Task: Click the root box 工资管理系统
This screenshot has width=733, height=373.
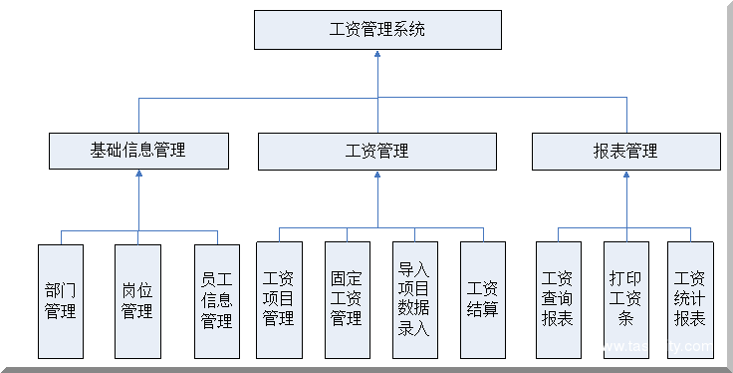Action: click(377, 30)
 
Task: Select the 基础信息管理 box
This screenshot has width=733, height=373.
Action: click(138, 151)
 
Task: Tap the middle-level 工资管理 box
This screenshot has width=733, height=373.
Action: click(377, 151)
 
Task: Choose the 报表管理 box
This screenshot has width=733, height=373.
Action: click(625, 151)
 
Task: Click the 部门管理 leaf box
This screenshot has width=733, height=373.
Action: click(61, 300)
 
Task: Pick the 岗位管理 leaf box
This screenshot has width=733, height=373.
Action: click(137, 300)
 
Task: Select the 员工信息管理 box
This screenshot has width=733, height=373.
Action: click(216, 300)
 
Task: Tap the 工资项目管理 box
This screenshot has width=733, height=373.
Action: click(279, 299)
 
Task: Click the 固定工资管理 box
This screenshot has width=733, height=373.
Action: click(347, 299)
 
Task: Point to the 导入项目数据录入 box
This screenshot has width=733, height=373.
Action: click(414, 299)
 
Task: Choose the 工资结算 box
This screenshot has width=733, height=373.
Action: click(483, 299)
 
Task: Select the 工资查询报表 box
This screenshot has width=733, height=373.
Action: click(558, 299)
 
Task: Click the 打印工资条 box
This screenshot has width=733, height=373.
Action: click(625, 299)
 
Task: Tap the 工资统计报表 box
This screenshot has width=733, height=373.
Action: click(691, 299)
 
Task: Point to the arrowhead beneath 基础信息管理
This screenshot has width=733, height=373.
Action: click(138, 175)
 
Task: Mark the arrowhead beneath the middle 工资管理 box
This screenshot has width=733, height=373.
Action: click(377, 175)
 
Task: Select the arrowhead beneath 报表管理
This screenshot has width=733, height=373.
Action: click(625, 175)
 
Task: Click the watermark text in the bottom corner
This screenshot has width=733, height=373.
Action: click(657, 347)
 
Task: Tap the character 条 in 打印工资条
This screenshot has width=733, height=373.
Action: click(625, 320)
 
